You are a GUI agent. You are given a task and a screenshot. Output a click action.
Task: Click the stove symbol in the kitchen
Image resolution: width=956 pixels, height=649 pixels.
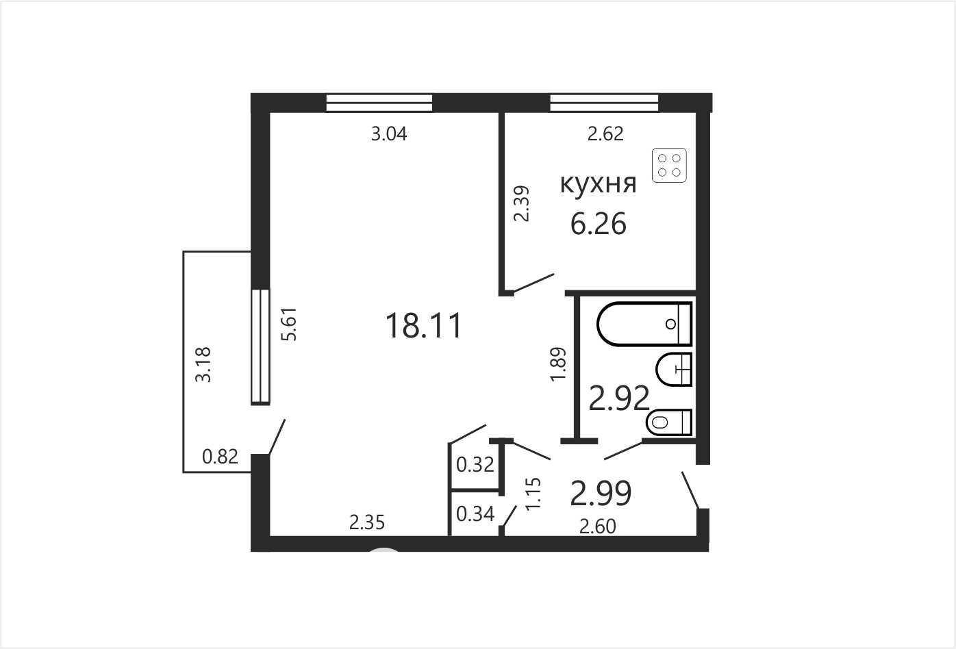pos(669,165)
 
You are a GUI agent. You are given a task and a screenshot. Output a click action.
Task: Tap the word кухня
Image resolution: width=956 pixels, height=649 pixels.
pos(598,184)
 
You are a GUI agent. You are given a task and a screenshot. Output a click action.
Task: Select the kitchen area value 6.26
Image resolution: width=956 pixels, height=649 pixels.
pos(599,223)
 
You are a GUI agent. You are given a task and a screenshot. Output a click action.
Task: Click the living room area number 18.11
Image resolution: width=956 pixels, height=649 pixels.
pos(424,326)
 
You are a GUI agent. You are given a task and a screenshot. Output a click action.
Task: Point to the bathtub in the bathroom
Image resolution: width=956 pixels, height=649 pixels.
pos(644,324)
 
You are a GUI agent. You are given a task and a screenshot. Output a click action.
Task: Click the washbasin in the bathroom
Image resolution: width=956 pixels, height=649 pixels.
pos(674,370)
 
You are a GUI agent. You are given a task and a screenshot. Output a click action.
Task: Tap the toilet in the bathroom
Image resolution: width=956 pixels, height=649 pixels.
pos(669,422)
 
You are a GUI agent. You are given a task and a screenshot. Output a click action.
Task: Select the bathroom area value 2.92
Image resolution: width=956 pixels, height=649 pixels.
pos(619,398)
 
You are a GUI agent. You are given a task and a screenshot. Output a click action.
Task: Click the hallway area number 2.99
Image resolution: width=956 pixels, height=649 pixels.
pos(601,494)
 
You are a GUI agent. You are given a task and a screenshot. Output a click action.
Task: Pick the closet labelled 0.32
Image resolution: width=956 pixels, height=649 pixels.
pos(475,465)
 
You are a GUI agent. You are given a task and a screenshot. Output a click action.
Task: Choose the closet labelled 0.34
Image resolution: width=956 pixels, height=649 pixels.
pos(475,513)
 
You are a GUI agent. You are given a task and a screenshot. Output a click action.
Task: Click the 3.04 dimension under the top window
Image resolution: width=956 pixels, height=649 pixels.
pos(389,134)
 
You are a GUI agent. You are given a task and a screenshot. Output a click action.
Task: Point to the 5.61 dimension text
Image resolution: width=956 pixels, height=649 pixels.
pos(289,324)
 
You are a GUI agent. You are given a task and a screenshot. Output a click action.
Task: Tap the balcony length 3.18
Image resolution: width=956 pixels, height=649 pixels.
pos(203,364)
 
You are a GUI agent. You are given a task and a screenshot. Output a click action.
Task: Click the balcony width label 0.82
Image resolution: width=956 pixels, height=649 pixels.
pos(220,457)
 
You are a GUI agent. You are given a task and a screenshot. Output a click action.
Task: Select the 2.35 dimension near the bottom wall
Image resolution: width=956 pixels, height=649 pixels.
pos(367,523)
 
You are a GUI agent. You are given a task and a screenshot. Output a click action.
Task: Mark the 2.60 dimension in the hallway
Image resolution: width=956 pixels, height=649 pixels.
pos(597,527)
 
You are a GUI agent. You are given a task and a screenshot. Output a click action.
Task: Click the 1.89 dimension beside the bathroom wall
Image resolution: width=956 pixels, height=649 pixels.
pos(558,364)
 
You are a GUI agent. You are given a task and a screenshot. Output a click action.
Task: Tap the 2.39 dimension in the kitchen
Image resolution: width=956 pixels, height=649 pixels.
pos(522,203)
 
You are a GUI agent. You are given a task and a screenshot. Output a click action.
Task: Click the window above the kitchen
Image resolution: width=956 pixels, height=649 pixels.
pos(604,103)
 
